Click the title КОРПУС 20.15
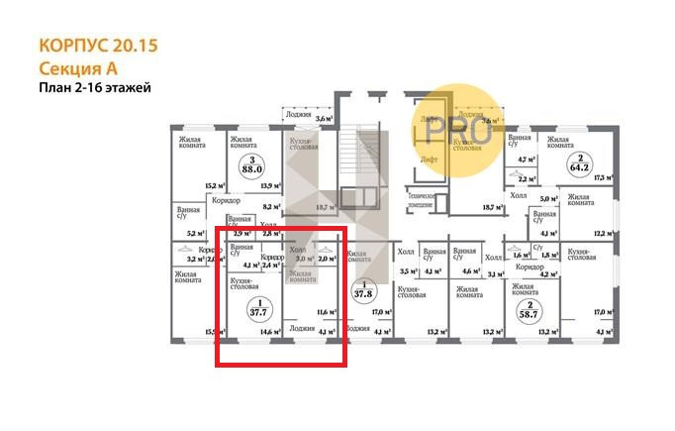(97, 46)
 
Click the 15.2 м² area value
(211, 185)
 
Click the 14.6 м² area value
(264, 332)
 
